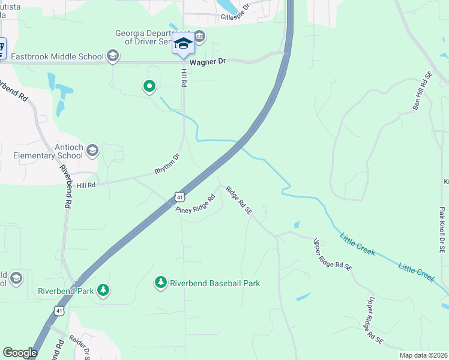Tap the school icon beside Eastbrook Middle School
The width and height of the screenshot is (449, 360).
[112, 57]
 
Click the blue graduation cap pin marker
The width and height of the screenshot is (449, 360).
[183, 43]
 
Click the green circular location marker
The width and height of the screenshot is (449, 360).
[149, 87]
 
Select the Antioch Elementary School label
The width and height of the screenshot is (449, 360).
[48, 151]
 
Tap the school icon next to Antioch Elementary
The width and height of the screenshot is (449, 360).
[92, 150]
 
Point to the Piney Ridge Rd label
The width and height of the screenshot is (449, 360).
[196, 204]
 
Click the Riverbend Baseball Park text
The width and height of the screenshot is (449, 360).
[215, 283]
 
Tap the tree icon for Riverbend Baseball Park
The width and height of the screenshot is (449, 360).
[160, 282]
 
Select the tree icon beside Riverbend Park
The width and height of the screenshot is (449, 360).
[104, 290]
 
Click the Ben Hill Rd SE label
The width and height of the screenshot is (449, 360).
[423, 91]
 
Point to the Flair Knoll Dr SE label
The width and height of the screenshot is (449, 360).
[442, 232]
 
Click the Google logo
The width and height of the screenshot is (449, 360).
[20, 353]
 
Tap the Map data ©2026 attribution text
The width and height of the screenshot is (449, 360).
[423, 355]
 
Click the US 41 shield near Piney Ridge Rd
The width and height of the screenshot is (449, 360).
[179, 197]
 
